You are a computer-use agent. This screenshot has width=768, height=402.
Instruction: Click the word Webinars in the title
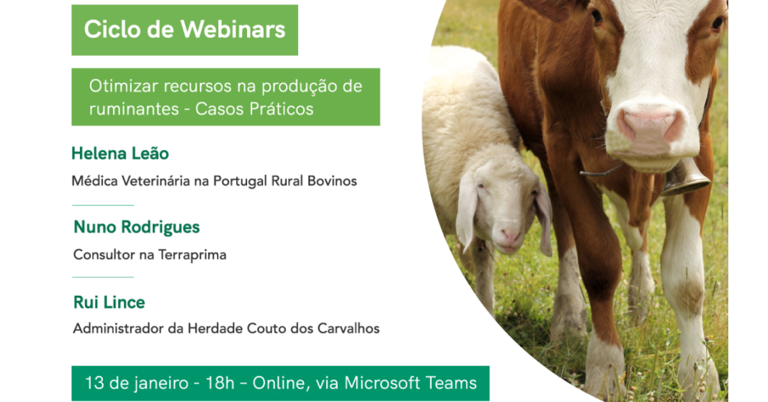click(x=233, y=29)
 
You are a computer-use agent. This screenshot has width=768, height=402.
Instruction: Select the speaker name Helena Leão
click(x=120, y=153)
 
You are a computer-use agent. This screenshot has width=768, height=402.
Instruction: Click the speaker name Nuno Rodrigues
click(x=136, y=227)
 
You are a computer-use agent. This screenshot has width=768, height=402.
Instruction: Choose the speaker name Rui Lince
click(x=109, y=303)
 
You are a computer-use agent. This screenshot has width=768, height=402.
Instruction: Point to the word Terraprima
click(x=192, y=255)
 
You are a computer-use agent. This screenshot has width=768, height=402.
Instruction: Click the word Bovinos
click(x=332, y=181)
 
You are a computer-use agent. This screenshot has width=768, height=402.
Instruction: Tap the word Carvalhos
click(x=348, y=328)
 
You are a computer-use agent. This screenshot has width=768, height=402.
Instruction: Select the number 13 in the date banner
click(x=95, y=383)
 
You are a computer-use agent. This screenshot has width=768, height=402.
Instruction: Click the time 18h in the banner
click(x=220, y=383)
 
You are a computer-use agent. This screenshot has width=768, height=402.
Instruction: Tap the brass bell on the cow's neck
click(x=684, y=178)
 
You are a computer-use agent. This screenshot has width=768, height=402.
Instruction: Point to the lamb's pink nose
click(x=510, y=236)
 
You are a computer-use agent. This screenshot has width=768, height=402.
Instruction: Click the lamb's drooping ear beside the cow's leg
click(x=543, y=221)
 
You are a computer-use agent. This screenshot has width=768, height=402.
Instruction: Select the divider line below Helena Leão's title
click(x=103, y=205)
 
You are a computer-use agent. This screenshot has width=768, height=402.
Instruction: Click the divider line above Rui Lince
click(x=103, y=277)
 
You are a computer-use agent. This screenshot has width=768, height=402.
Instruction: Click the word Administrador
click(x=118, y=328)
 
